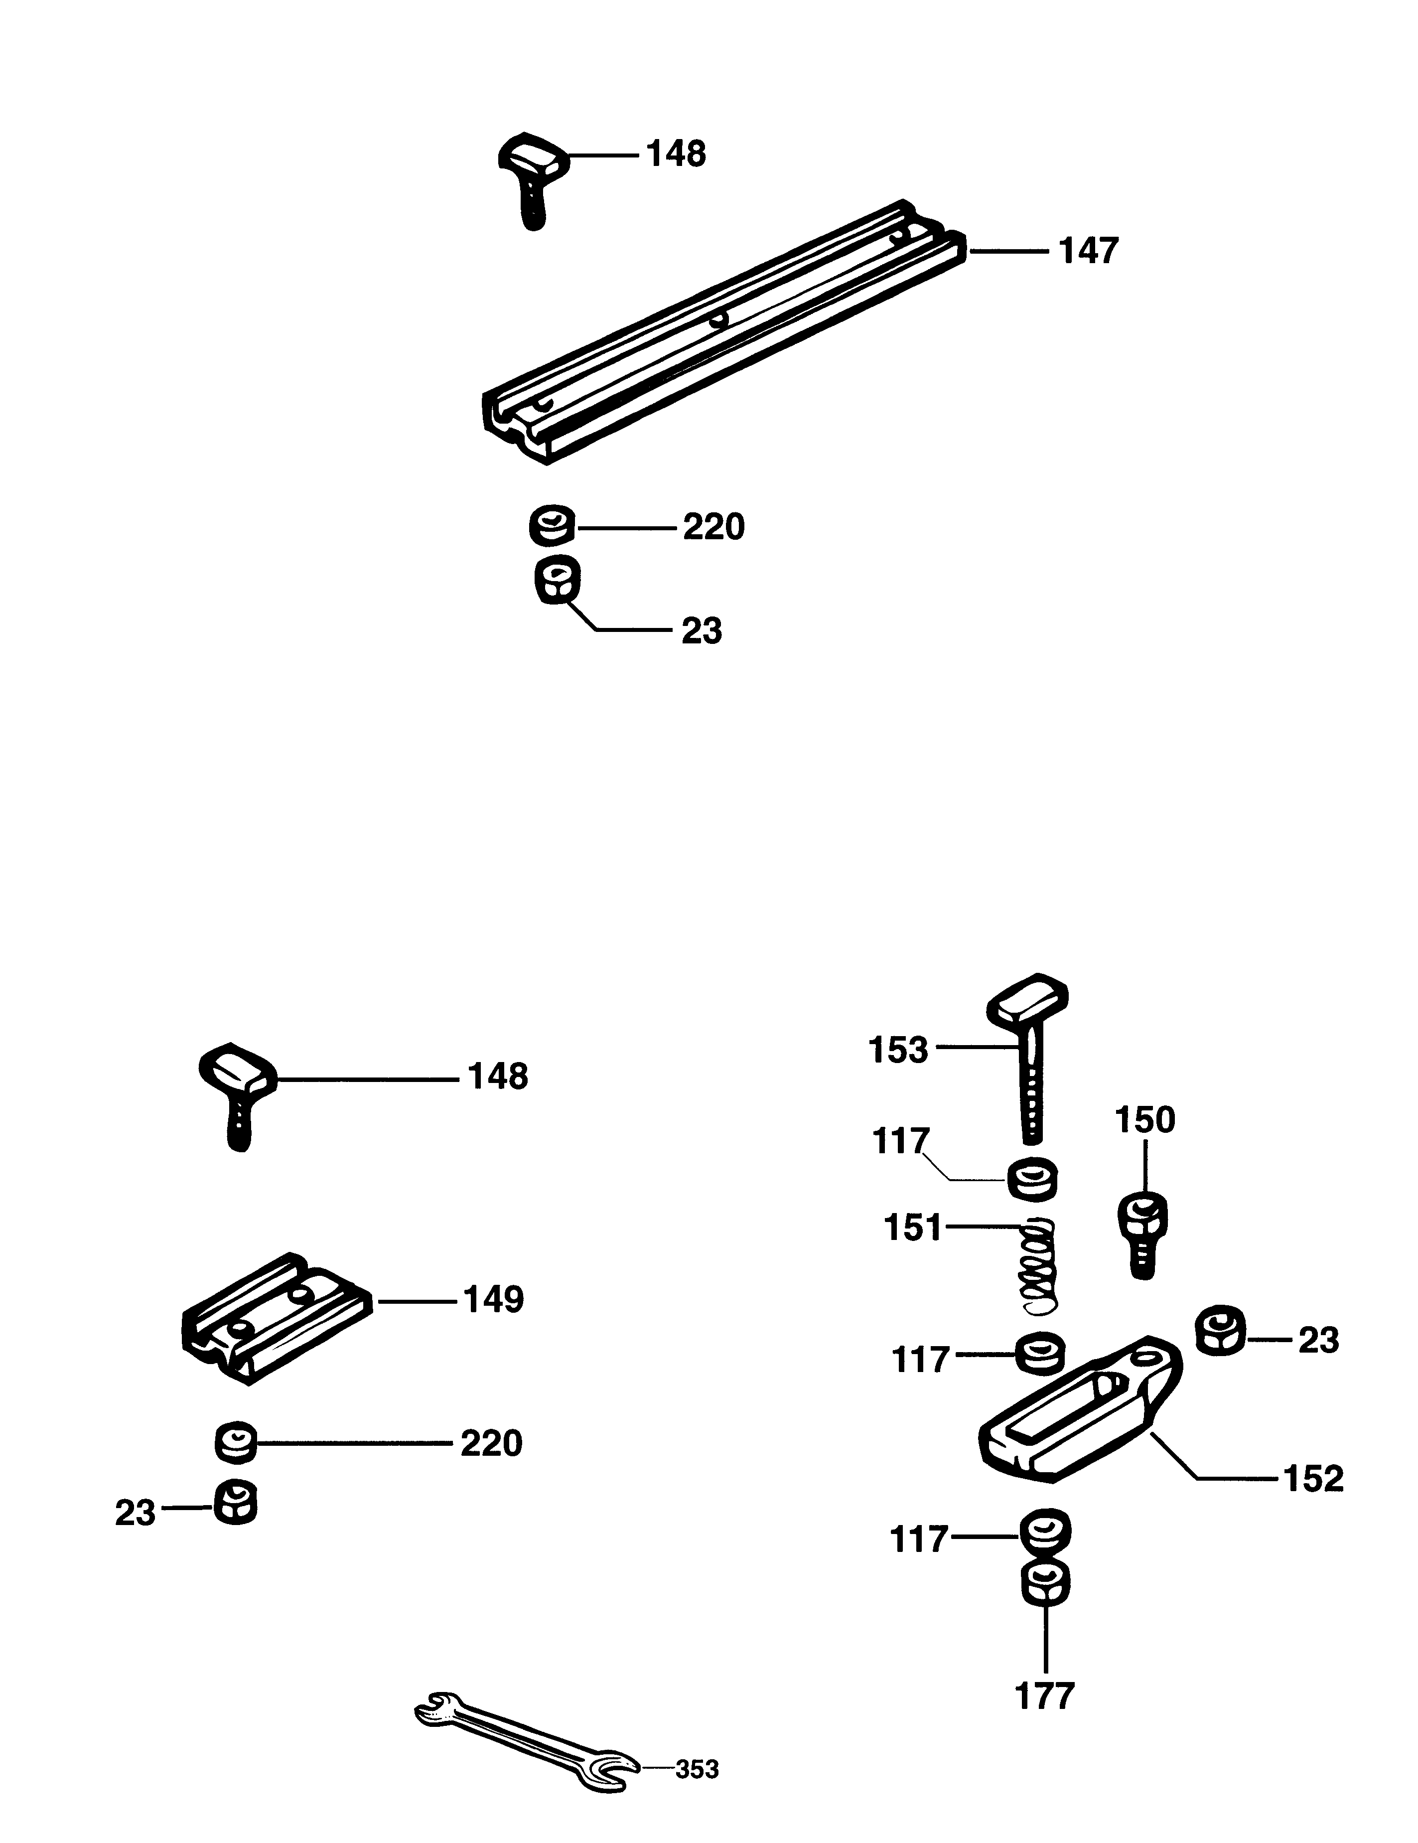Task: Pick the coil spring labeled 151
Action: tap(1037, 1268)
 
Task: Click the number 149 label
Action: tap(493, 1300)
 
